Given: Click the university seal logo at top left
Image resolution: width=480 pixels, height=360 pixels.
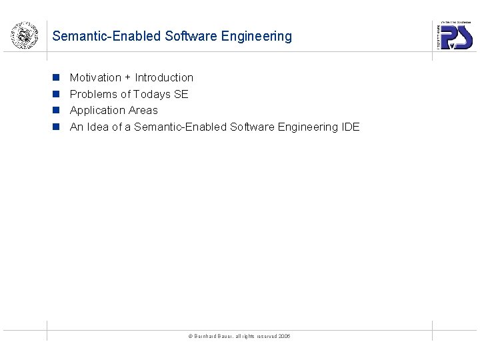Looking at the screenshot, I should tap(24, 35).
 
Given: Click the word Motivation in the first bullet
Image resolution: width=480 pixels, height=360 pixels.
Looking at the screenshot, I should tap(95, 77).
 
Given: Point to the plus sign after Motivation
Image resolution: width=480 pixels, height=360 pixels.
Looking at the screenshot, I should tap(128, 77).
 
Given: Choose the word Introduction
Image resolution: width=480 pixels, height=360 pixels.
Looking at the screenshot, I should tap(164, 77).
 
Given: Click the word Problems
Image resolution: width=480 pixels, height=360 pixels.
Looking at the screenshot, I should tap(93, 94).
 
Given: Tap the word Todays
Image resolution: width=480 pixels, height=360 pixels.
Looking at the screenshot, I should tap(152, 94).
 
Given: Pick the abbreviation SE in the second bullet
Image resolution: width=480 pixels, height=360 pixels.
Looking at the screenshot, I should tap(181, 94).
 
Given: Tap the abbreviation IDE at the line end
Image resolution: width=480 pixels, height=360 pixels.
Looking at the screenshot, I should tap(350, 127).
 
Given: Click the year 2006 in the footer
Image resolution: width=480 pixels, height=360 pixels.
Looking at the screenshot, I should tap(285, 336).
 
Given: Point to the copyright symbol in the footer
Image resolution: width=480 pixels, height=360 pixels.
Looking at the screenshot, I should tap(190, 336).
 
